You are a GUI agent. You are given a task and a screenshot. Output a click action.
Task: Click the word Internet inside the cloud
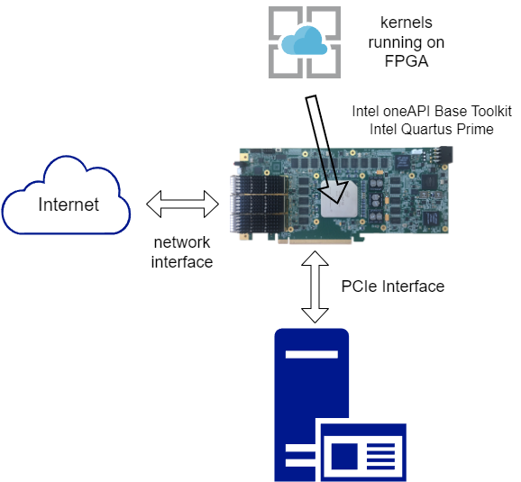[69, 205]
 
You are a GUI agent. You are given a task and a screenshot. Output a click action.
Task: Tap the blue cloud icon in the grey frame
[305, 41]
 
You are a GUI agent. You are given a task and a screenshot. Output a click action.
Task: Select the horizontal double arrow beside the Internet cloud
[182, 204]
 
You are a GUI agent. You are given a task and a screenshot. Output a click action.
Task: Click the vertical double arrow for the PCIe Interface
[315, 287]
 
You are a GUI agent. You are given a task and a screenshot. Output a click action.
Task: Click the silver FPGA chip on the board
[339, 199]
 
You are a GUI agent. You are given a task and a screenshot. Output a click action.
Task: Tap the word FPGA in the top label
[407, 61]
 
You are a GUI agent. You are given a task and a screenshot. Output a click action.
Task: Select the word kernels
[407, 23]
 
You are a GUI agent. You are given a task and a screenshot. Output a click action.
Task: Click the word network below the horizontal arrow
[182, 242]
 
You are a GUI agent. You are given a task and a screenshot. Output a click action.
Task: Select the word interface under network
[182, 262]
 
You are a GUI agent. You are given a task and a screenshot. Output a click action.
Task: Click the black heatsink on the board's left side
[258, 204]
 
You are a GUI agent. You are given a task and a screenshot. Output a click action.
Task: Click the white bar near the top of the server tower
[312, 354]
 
